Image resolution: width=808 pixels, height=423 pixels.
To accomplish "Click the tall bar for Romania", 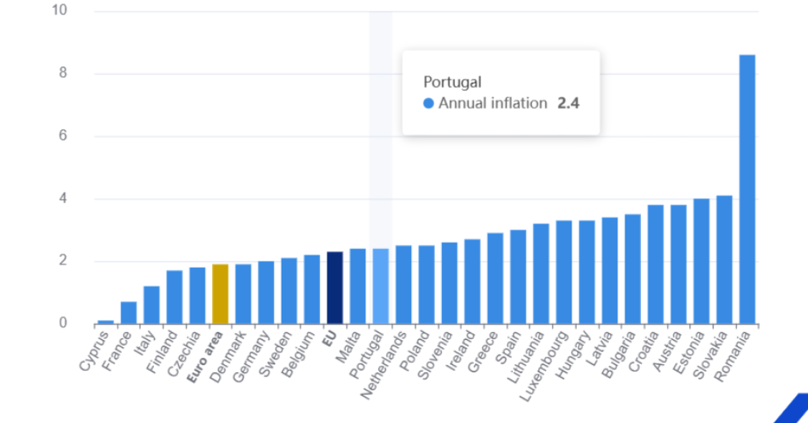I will (747, 189).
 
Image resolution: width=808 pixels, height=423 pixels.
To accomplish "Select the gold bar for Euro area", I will (220, 294).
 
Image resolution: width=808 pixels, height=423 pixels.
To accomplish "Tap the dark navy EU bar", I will (335, 288).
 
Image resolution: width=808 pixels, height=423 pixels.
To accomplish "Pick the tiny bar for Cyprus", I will (105, 322).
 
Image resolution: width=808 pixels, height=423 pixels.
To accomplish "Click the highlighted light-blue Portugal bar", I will (380, 286).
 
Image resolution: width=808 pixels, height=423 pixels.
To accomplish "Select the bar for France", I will (128, 313).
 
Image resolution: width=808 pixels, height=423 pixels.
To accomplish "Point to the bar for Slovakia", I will (724, 260).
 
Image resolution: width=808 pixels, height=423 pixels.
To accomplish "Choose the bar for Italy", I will (151, 305).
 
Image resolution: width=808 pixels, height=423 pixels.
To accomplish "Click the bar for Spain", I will (518, 277).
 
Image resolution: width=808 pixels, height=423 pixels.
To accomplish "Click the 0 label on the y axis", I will (63, 324).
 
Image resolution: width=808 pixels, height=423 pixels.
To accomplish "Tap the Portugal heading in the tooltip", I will (452, 82).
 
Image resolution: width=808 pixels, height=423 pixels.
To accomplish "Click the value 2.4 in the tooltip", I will (568, 103).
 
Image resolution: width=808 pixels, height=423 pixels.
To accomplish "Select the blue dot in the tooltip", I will (428, 103).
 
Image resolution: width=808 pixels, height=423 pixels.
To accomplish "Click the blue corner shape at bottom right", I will (794, 409).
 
